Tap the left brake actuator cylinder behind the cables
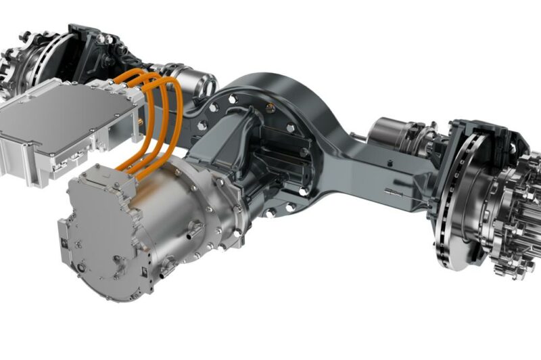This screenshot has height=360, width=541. pyautogui.click(x=196, y=81)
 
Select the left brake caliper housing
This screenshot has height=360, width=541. pyautogui.click(x=95, y=51)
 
